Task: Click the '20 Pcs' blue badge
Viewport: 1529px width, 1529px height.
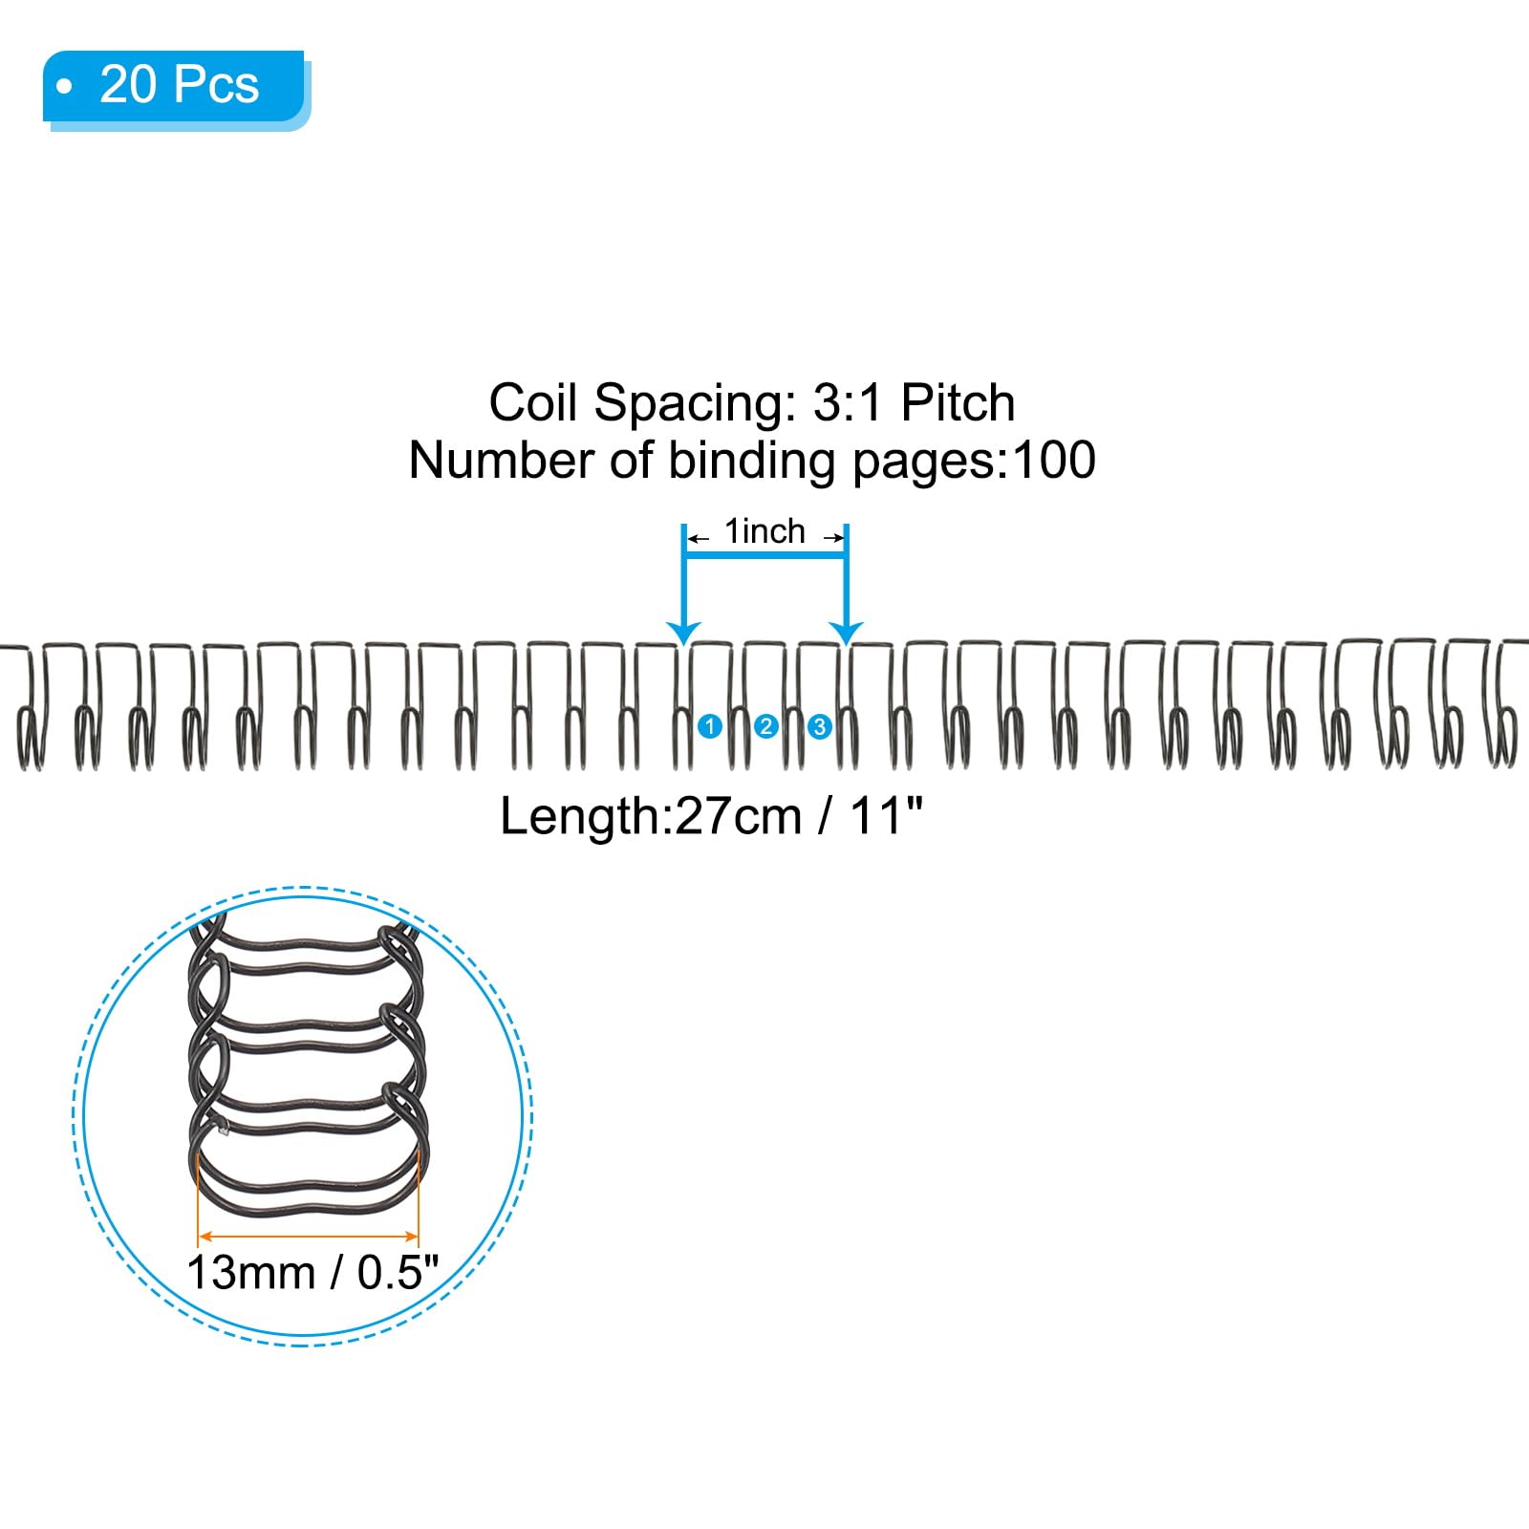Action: point(177,88)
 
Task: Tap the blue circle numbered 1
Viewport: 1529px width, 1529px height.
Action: point(710,726)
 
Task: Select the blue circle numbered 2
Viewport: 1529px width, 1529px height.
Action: point(765,727)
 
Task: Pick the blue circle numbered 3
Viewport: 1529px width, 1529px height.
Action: point(819,727)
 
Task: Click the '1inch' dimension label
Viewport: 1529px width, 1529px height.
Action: point(764,531)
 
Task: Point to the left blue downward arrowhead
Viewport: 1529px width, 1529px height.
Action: point(683,633)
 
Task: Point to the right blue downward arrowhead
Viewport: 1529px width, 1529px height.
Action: point(846,633)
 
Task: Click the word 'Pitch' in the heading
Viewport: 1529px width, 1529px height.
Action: point(958,403)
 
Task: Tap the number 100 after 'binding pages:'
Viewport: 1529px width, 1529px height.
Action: point(1054,461)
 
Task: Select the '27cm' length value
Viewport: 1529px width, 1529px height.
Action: point(738,817)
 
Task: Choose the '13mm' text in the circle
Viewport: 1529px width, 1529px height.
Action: point(250,1274)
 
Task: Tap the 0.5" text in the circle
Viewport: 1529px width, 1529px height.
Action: point(398,1273)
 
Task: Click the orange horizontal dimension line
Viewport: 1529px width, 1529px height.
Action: point(308,1235)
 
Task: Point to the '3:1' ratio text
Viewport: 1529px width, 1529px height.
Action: point(850,402)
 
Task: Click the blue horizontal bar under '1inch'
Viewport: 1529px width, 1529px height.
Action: point(765,557)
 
